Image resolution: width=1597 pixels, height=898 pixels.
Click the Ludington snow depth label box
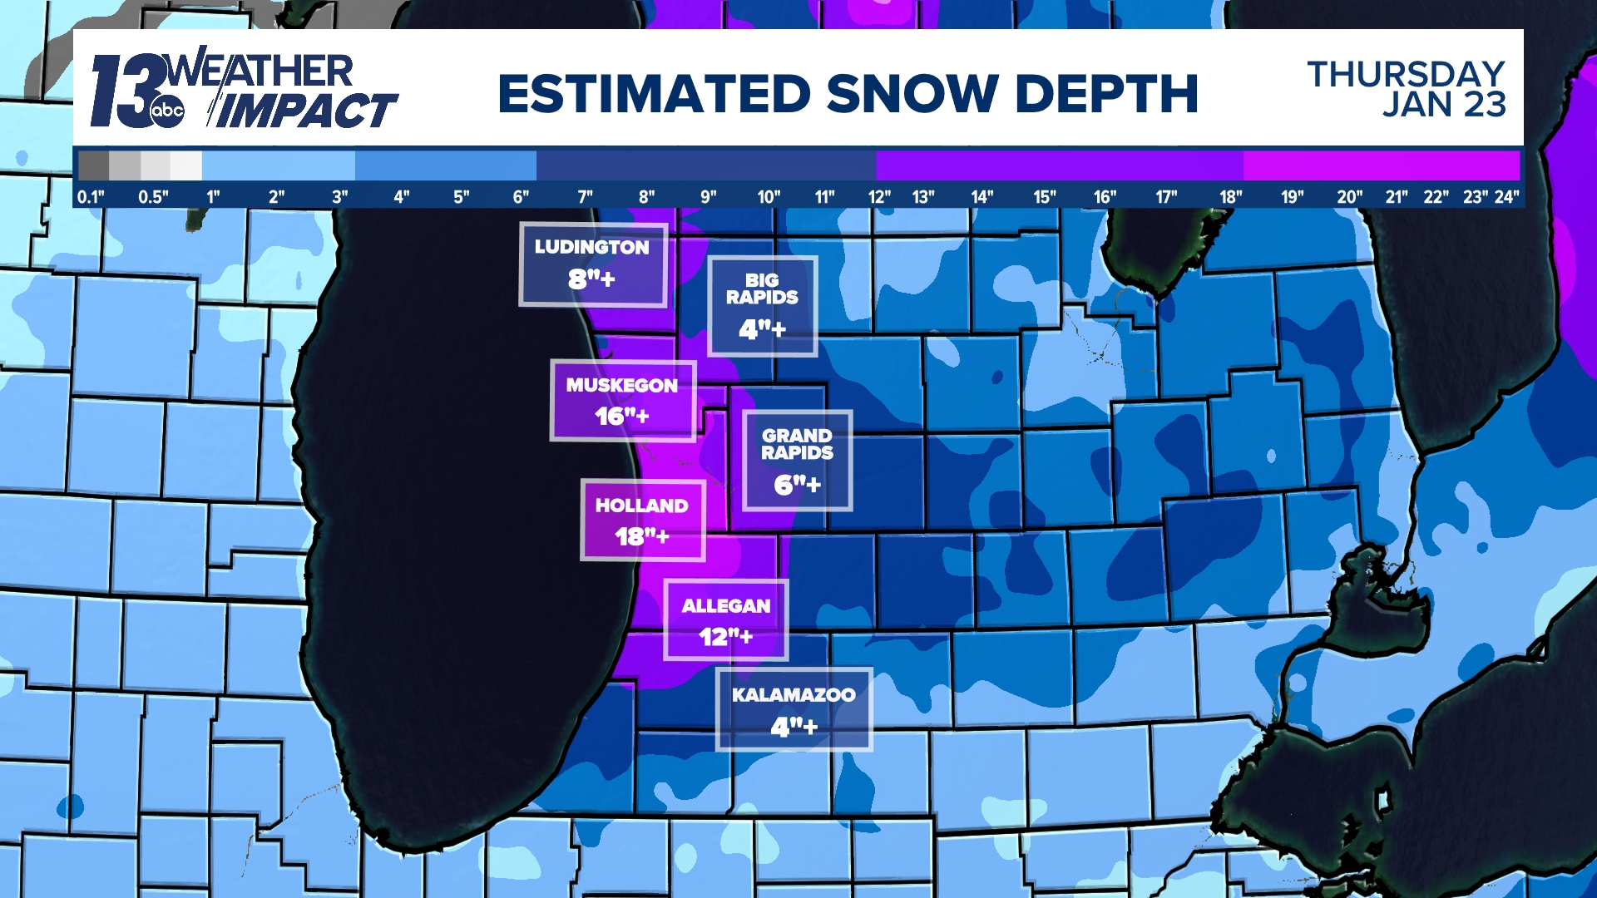593,264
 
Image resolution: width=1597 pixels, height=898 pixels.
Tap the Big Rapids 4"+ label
762,306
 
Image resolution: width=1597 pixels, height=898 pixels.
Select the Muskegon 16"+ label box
622,401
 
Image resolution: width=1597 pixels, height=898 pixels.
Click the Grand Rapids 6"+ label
797,460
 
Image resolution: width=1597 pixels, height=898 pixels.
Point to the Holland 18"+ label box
642,521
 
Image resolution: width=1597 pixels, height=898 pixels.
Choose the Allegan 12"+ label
725,620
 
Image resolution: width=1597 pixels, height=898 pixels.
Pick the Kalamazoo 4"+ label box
794,709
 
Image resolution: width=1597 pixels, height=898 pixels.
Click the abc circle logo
167,111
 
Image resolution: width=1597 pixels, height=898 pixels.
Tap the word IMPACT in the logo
308,111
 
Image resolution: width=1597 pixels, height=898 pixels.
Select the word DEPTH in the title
1106,93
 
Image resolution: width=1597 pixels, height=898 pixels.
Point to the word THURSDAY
1406,74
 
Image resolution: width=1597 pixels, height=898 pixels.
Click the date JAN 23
1444,105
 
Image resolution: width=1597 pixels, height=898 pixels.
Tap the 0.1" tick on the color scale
91,197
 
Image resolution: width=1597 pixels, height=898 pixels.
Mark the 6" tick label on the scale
521,197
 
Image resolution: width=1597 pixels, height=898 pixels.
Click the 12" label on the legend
879,197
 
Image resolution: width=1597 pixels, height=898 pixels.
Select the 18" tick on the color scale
1230,197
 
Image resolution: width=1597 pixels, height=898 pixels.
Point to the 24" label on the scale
1506,197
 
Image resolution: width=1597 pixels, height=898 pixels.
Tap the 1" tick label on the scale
213,197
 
